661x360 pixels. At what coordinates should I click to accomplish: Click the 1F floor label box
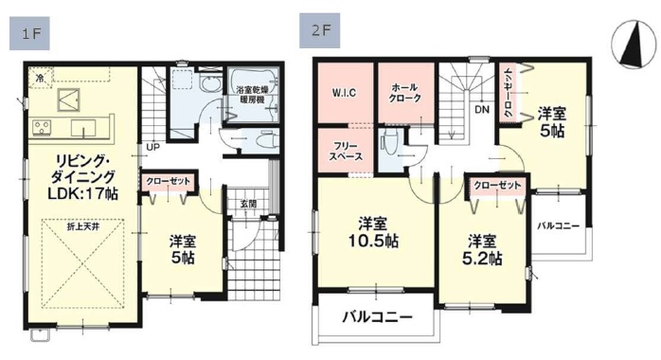[x=29, y=34]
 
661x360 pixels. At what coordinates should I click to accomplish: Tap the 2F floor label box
[x=319, y=30]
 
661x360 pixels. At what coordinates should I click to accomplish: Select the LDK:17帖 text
[x=82, y=193]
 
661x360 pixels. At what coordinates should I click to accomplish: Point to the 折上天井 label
[x=82, y=227]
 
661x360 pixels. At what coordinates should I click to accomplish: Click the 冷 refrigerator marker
[x=40, y=78]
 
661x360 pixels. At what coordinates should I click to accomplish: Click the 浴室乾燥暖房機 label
[x=252, y=95]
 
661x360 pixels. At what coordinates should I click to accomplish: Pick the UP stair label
[x=152, y=148]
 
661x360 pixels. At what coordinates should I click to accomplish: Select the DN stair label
[x=482, y=110]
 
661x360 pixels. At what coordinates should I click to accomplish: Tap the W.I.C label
[x=344, y=93]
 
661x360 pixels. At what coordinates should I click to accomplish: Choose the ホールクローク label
[x=406, y=93]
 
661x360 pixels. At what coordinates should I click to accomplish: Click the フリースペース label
[x=346, y=152]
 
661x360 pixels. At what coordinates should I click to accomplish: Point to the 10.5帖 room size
[x=373, y=242]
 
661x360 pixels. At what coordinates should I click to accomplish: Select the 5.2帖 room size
[x=482, y=259]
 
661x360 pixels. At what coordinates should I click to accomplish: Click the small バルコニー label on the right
[x=558, y=226]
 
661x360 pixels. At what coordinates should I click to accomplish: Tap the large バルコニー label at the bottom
[x=377, y=317]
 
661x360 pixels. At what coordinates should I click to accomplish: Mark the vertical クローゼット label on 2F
[x=509, y=92]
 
